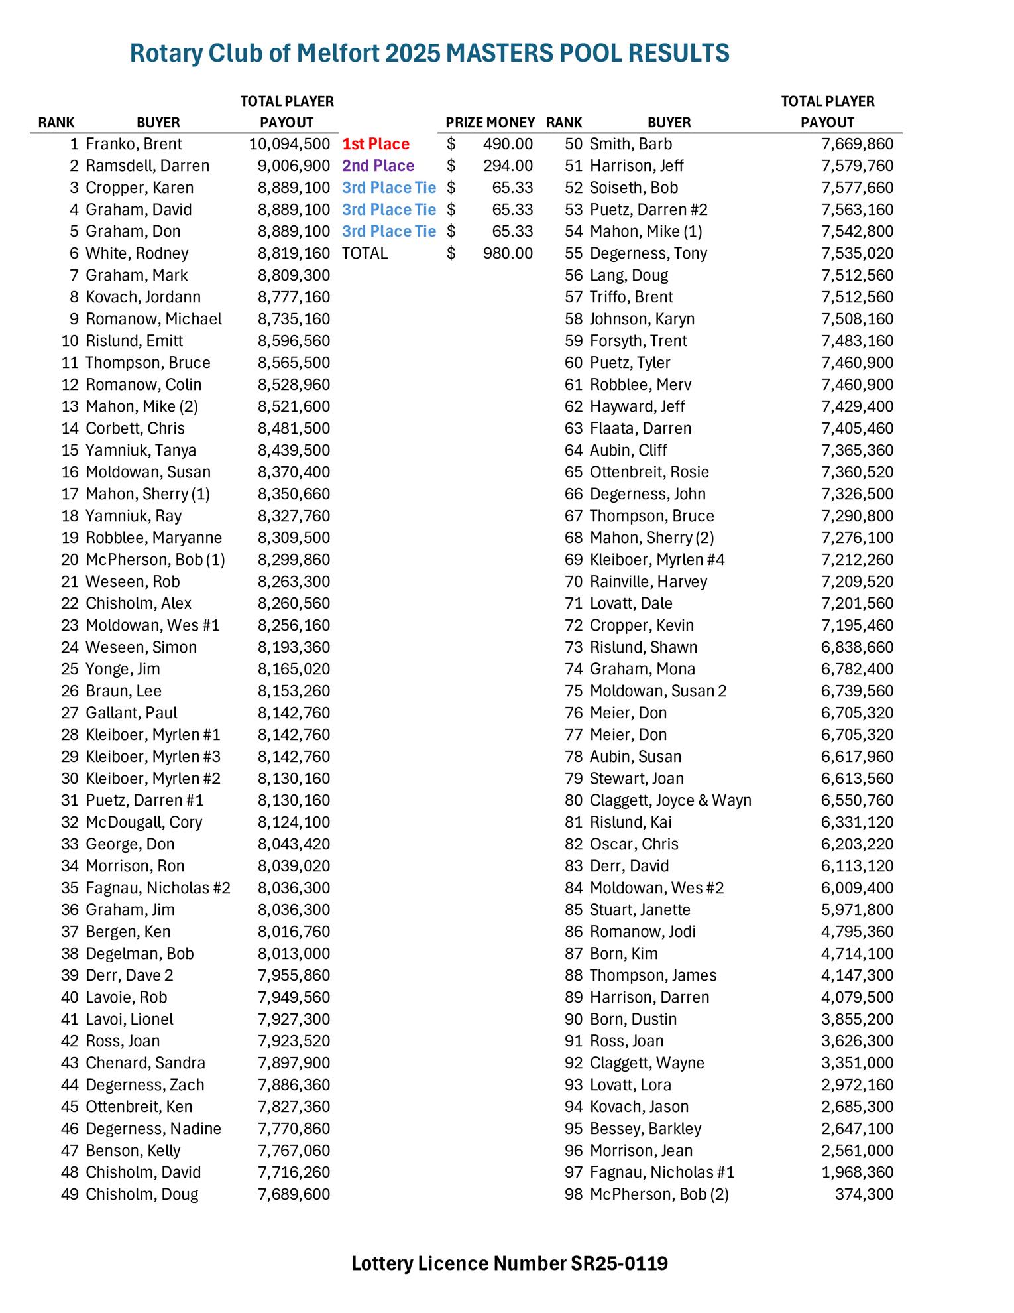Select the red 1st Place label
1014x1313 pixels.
coord(376,144)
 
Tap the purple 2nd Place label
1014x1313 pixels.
coord(378,166)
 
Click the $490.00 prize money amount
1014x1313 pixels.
coord(508,144)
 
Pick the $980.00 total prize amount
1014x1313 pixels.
coord(508,253)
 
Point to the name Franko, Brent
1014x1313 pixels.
coord(134,144)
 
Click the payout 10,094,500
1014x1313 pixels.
coord(290,144)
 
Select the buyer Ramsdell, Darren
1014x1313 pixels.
coord(147,166)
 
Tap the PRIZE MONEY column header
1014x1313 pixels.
coord(490,123)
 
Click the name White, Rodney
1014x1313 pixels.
coord(137,253)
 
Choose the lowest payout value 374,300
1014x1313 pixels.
coord(864,1194)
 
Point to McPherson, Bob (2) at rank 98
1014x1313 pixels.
coord(659,1194)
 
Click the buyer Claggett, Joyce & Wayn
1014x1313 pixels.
coord(670,800)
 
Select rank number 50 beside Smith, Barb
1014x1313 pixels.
coord(573,144)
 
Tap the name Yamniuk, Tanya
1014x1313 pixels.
coord(141,450)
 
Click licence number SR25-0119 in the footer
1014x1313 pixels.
coord(619,1263)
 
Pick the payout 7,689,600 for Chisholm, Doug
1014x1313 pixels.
coord(294,1194)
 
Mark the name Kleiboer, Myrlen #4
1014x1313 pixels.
coord(657,560)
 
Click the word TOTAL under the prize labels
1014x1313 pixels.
coord(365,253)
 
